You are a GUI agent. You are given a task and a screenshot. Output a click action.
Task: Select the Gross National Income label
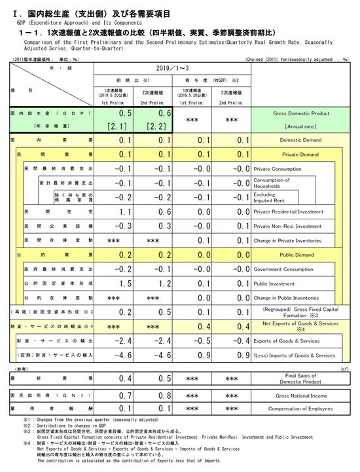[300, 396]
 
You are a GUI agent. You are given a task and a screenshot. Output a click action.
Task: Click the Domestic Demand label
[300, 140]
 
